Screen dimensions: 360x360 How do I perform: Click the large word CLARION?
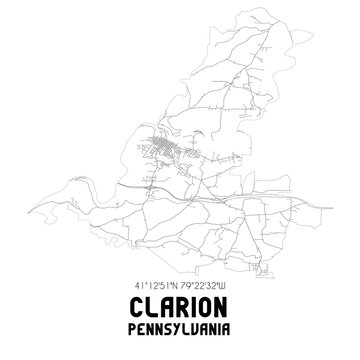[180, 305]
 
